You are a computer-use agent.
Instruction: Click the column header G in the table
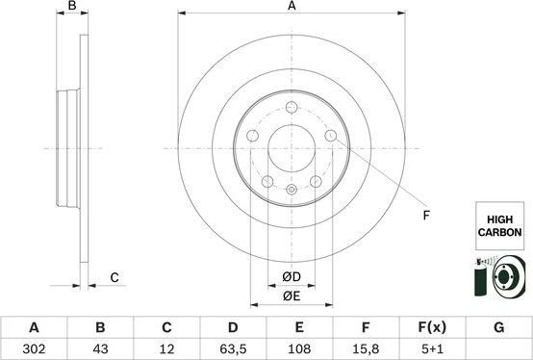pos(498,327)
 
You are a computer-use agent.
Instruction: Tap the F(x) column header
pos(432,327)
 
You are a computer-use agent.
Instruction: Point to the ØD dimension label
pos(292,278)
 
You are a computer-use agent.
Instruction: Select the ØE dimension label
pos(292,296)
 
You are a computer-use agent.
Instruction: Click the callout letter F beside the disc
pos(426,216)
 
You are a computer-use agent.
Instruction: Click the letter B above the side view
pos(72,7)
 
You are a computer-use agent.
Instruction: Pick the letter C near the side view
pos(114,278)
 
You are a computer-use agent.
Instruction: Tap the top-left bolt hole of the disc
pos(252,137)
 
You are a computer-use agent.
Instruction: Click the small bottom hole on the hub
pos(292,192)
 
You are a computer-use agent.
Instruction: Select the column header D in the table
pos(233,327)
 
